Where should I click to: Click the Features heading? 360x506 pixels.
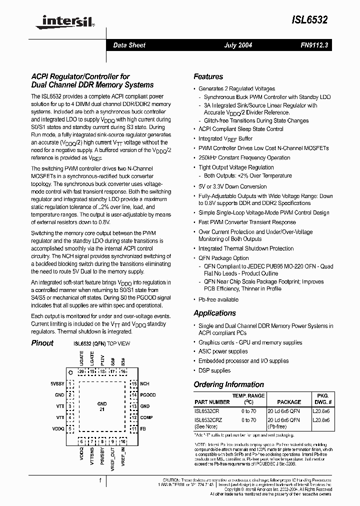pos(208,76)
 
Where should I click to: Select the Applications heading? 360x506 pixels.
pos(214,313)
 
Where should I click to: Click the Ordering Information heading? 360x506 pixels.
pos(228,384)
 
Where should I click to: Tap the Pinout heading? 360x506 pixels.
pos(42,343)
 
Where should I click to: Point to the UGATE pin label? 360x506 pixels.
pos(81,359)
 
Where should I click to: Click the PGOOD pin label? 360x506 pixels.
pos(148,395)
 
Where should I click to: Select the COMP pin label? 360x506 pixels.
pos(146,417)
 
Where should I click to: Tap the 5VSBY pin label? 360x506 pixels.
pos(57,383)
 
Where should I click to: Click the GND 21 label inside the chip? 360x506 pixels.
pos(101,406)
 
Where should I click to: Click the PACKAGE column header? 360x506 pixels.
pos(289,402)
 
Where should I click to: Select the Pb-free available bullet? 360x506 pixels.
pos(218,299)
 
